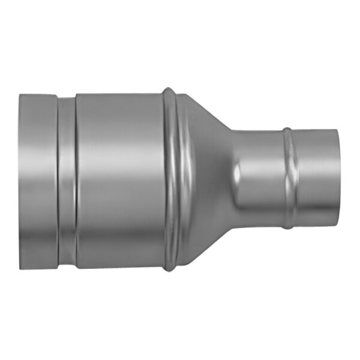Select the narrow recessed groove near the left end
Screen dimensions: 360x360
pyautogui.click(x=67, y=180)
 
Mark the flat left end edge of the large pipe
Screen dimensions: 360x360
pyautogui.click(x=20, y=180)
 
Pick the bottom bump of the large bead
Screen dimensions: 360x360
pyautogui.click(x=169, y=269)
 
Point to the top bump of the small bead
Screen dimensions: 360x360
pyautogui.click(x=287, y=129)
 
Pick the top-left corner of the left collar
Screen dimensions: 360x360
pyautogui.click(x=20, y=95)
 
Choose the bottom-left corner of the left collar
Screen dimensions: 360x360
pyautogui.click(x=20, y=268)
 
